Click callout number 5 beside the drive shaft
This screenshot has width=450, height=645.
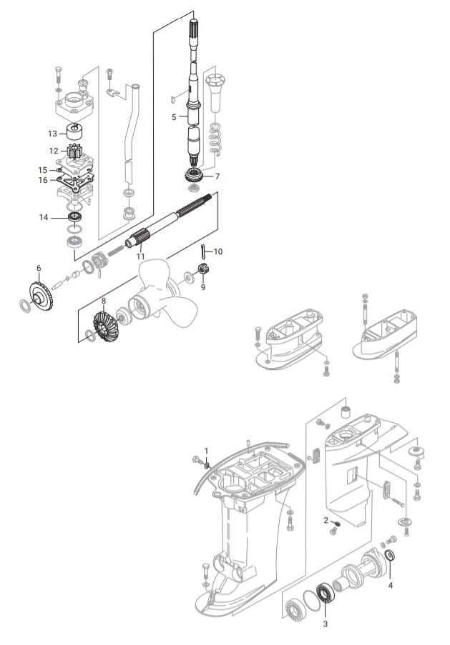point(174,116)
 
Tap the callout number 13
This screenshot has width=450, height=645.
point(52,133)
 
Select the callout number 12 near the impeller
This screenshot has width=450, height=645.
point(54,151)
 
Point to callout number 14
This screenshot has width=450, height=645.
point(44,216)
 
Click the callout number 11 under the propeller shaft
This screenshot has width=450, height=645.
point(140,256)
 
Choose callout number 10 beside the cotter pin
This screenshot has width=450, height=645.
point(218,251)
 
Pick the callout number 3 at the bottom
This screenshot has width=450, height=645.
point(326,624)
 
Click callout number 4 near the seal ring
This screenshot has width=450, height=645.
point(391,584)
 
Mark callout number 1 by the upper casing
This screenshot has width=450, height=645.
point(206,451)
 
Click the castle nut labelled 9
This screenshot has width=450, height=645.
point(202,271)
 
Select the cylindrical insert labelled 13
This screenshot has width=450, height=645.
point(74,132)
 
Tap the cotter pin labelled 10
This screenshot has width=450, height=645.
point(203,251)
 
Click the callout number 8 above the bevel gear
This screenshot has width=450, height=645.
point(104,301)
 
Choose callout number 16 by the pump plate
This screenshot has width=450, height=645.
point(43,180)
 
